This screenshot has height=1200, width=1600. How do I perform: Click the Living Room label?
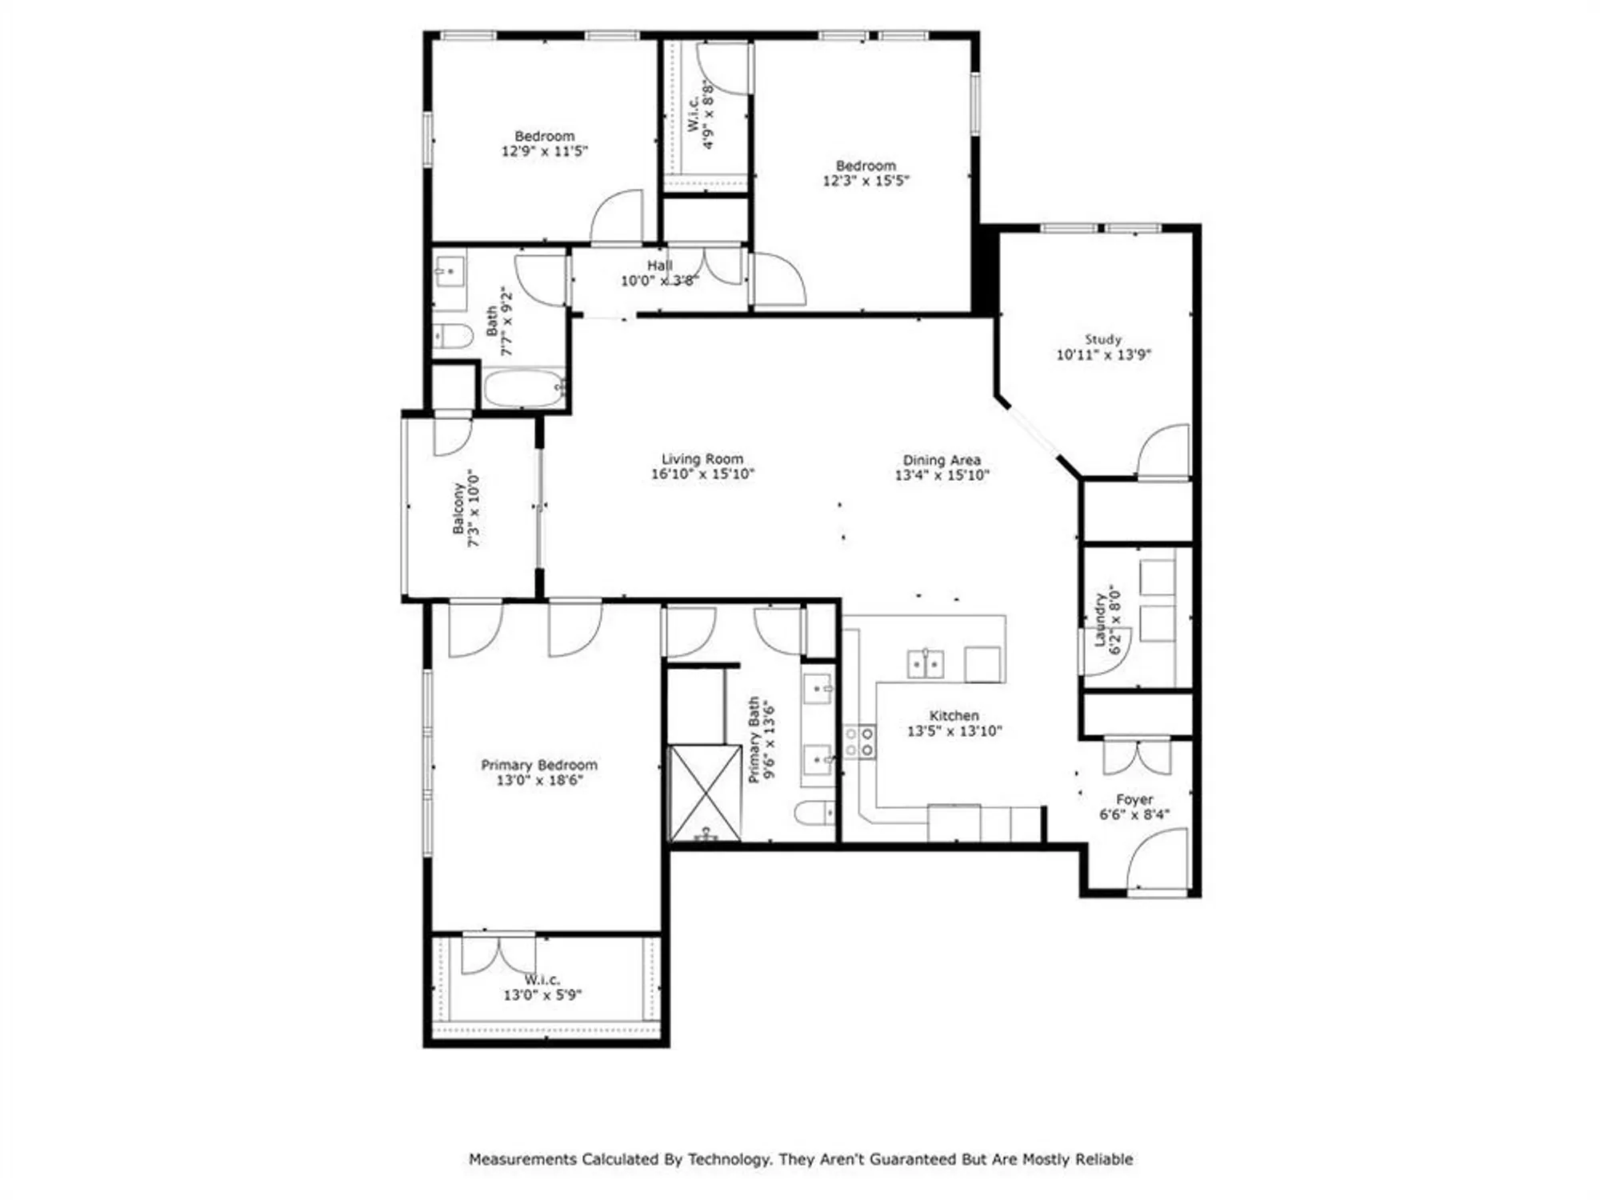click(x=702, y=459)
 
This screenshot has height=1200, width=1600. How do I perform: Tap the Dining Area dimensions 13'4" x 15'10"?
click(x=942, y=475)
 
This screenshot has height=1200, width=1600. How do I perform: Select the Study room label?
click(x=1102, y=339)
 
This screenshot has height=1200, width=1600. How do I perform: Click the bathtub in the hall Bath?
click(x=523, y=389)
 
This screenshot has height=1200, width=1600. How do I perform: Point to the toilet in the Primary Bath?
click(x=814, y=814)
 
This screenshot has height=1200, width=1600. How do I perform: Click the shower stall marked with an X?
click(x=705, y=793)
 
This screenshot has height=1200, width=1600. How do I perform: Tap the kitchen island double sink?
click(x=925, y=664)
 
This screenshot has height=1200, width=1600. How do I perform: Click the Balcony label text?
click(x=458, y=508)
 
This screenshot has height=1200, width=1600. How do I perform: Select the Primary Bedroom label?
click(x=538, y=765)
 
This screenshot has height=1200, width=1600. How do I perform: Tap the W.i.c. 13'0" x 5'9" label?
click(x=542, y=987)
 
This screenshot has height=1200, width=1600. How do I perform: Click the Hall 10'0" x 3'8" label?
click(x=659, y=273)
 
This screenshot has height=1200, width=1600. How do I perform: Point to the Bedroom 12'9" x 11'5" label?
click(x=544, y=143)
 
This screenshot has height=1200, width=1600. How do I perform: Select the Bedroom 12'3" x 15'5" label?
click(x=866, y=173)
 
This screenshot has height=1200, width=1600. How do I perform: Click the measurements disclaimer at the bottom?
click(x=800, y=1159)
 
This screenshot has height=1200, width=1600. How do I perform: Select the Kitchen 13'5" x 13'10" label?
click(x=954, y=723)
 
